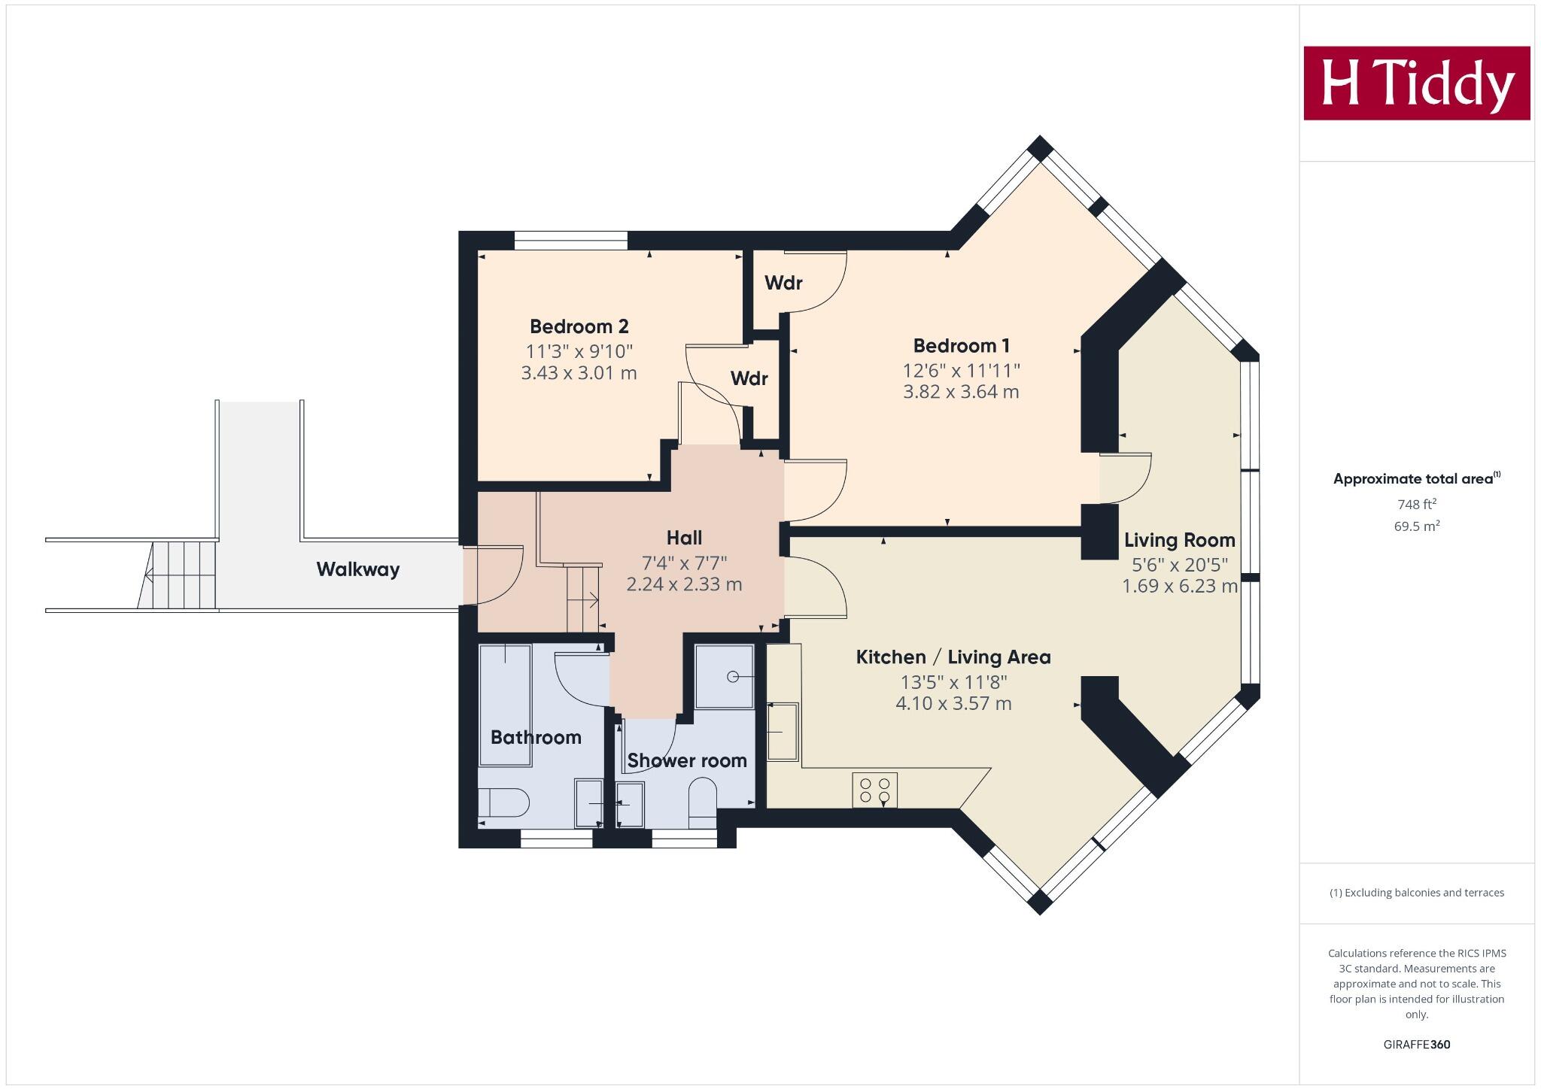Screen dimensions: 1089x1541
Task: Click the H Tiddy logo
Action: point(1416,83)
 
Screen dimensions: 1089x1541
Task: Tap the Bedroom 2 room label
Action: point(579,326)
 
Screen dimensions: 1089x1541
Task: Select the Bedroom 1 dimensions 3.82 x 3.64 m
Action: point(961,392)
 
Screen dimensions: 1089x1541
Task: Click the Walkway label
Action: point(357,569)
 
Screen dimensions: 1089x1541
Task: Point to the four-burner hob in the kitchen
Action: point(874,790)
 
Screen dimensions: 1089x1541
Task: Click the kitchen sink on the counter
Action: point(783,731)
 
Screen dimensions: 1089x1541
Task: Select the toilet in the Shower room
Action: point(703,802)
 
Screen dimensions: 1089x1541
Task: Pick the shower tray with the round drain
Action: point(724,676)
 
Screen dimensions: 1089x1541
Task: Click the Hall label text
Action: point(684,538)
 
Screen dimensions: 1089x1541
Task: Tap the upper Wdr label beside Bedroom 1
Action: point(783,283)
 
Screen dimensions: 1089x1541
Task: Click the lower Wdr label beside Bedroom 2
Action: point(749,378)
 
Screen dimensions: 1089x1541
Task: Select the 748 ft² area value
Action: point(1416,504)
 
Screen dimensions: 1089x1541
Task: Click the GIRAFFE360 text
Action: point(1416,1045)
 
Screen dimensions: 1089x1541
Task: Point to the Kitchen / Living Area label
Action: point(953,657)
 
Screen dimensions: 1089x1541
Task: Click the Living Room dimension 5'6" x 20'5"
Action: point(1179,564)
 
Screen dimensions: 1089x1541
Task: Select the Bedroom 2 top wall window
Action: point(570,241)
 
